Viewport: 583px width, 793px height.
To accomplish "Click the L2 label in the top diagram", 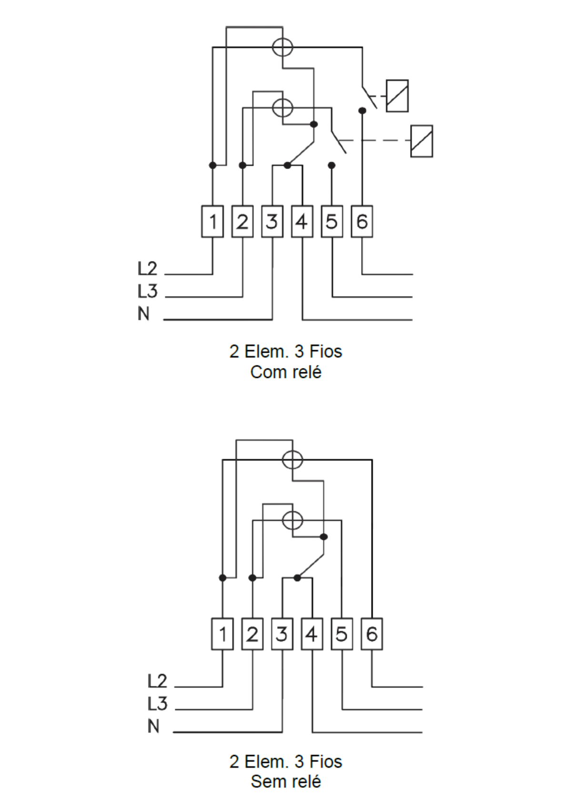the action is pos(147,268).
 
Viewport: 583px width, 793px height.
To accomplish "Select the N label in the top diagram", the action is pos(143,314).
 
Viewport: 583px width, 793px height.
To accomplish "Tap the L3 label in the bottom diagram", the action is pos(157,704).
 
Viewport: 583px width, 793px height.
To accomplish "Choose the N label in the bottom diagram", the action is pos(153,726).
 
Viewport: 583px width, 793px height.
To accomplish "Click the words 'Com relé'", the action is pos(286,372).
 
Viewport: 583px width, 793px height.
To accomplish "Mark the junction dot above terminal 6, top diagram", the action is pos(362,111).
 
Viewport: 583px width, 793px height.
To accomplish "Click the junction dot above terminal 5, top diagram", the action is pos(332,165).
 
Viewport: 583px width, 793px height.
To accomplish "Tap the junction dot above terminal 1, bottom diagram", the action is pos(222,578).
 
